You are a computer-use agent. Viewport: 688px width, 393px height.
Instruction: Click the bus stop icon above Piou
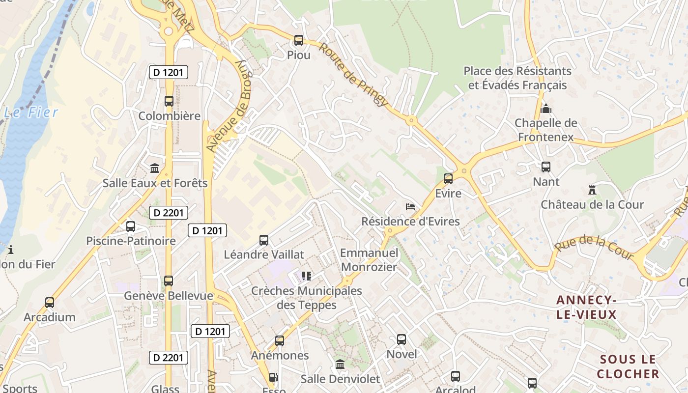pos(298,40)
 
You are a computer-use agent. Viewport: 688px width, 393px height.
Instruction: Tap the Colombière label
pos(169,116)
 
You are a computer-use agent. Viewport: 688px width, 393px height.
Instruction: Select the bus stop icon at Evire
pos(448,179)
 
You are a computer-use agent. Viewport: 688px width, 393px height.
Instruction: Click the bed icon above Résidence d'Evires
pos(410,206)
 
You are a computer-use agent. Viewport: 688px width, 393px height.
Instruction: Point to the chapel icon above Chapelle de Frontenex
pos(545,109)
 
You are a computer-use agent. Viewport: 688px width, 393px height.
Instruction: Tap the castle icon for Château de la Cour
pos(592,190)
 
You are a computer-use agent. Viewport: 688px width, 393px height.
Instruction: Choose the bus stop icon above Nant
pos(545,167)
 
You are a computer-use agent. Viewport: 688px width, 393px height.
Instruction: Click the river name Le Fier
pos(31,112)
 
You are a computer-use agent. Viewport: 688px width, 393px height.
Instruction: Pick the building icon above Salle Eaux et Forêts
pos(155,168)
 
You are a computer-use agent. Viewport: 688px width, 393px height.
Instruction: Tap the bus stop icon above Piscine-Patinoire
pos(130,226)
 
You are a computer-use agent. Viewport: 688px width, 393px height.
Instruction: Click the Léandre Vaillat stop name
pos(264,254)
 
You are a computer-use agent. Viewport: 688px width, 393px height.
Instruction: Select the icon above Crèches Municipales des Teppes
pos(307,276)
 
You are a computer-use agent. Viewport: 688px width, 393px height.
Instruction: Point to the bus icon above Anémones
pos(279,341)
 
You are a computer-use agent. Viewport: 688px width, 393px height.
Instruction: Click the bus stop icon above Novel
pos(401,339)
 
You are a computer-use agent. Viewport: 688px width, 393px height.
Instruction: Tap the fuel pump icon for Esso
pos(274,378)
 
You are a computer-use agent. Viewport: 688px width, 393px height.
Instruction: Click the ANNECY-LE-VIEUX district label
pos(586,307)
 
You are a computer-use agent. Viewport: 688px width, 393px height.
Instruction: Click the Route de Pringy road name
pos(353,74)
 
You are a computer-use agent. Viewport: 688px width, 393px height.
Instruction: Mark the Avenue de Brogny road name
pos(230,106)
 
